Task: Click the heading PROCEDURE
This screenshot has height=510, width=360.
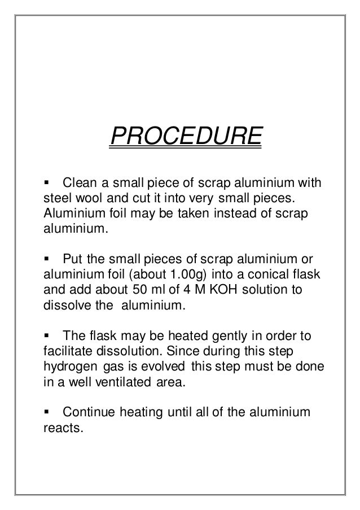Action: click(x=185, y=136)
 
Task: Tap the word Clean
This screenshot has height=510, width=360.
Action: click(x=80, y=184)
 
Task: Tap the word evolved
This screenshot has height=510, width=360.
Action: click(x=164, y=368)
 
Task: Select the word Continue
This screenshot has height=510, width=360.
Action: click(x=92, y=413)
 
